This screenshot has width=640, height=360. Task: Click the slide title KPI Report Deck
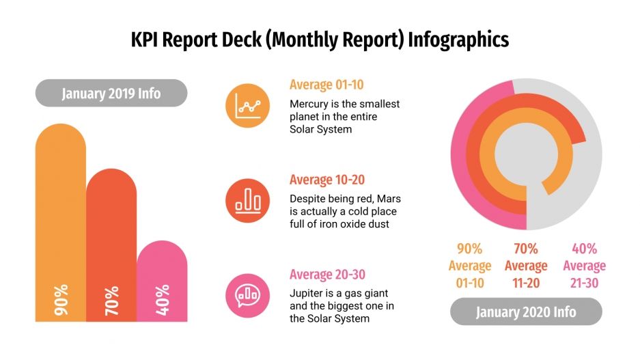pyautogui.click(x=320, y=40)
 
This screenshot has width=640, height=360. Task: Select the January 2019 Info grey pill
pyautogui.click(x=111, y=93)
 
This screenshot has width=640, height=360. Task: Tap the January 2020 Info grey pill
pyautogui.click(x=526, y=312)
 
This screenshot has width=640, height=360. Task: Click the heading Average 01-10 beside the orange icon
pyautogui.click(x=326, y=85)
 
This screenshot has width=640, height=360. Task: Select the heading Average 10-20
pyautogui.click(x=326, y=180)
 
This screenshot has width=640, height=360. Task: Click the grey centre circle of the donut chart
pyautogui.click(x=526, y=154)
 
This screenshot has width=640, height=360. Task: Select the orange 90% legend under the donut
pyautogui.click(x=469, y=265)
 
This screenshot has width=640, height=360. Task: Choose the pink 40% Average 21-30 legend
pyautogui.click(x=584, y=265)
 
